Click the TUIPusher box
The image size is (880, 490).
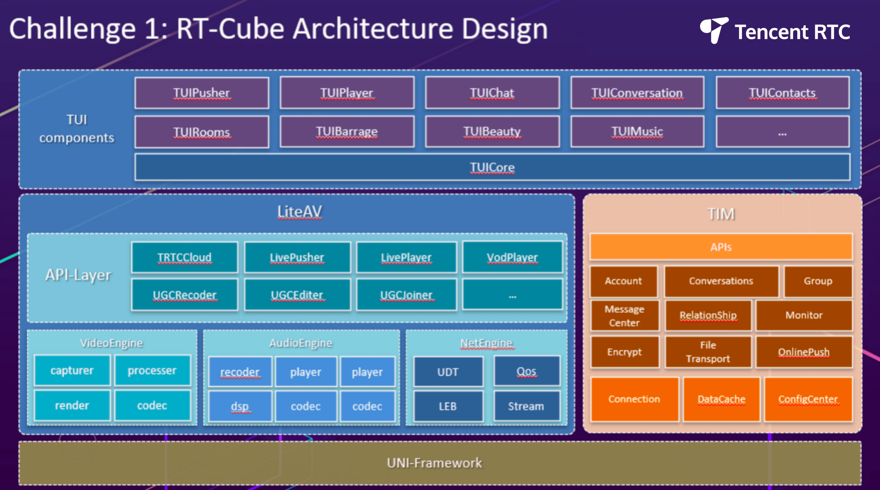[x=202, y=93]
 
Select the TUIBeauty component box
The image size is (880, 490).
[x=492, y=132]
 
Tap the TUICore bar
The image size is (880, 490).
[x=492, y=167]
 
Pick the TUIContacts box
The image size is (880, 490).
[x=782, y=93]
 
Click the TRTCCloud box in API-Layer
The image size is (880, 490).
[x=184, y=257]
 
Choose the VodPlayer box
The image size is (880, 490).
[x=512, y=257]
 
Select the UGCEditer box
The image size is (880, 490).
[x=297, y=295]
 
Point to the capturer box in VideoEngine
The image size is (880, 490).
[x=72, y=370]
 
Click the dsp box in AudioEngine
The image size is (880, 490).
[x=240, y=406]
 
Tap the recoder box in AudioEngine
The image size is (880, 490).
[x=240, y=372]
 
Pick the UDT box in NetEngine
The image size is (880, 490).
[x=448, y=372]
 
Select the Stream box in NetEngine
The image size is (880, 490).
[x=526, y=406]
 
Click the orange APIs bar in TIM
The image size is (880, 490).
[x=721, y=247]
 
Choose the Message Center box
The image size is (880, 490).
[x=624, y=316]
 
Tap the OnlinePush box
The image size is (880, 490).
[x=804, y=352]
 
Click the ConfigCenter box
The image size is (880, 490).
[x=808, y=399]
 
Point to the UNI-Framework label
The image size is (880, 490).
[x=435, y=463]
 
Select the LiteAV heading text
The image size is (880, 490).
[x=300, y=212]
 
